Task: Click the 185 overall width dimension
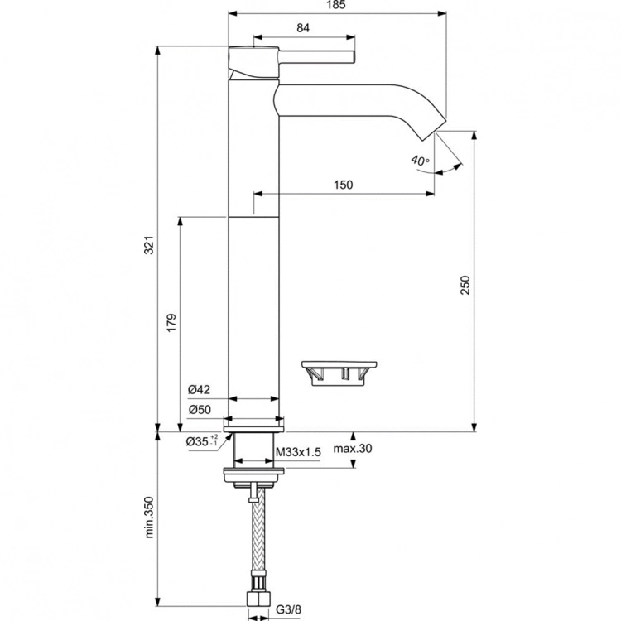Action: pyautogui.click(x=335, y=5)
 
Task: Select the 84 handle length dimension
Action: pyautogui.click(x=302, y=28)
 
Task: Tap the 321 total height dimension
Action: pyautogui.click(x=150, y=246)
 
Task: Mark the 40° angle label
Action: pyautogui.click(x=420, y=160)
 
